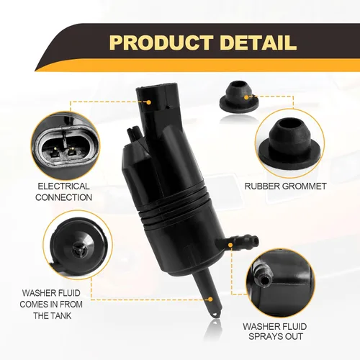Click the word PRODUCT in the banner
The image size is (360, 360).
pyautogui.click(x=161, y=42)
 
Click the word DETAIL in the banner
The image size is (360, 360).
pyautogui.click(x=258, y=42)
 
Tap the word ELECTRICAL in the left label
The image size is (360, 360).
pyautogui.click(x=63, y=186)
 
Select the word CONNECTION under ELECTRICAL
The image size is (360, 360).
pyautogui.click(x=63, y=197)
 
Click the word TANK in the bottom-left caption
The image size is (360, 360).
pyautogui.click(x=60, y=315)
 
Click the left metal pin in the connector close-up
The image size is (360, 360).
pyautogui.click(x=55, y=151)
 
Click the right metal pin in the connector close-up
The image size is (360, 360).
pyautogui.click(x=71, y=151)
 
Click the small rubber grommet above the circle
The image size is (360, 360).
pyautogui.click(x=239, y=96)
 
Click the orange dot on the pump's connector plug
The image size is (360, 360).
pyautogui.click(x=149, y=102)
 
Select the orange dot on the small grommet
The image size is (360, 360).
pyautogui.click(x=246, y=97)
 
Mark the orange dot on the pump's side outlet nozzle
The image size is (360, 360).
pyautogui.click(x=230, y=245)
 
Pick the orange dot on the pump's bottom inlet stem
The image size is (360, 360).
pyautogui.click(x=210, y=300)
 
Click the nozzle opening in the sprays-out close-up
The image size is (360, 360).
pyautogui.click(x=264, y=279)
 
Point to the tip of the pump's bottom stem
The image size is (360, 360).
pyautogui.click(x=217, y=315)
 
